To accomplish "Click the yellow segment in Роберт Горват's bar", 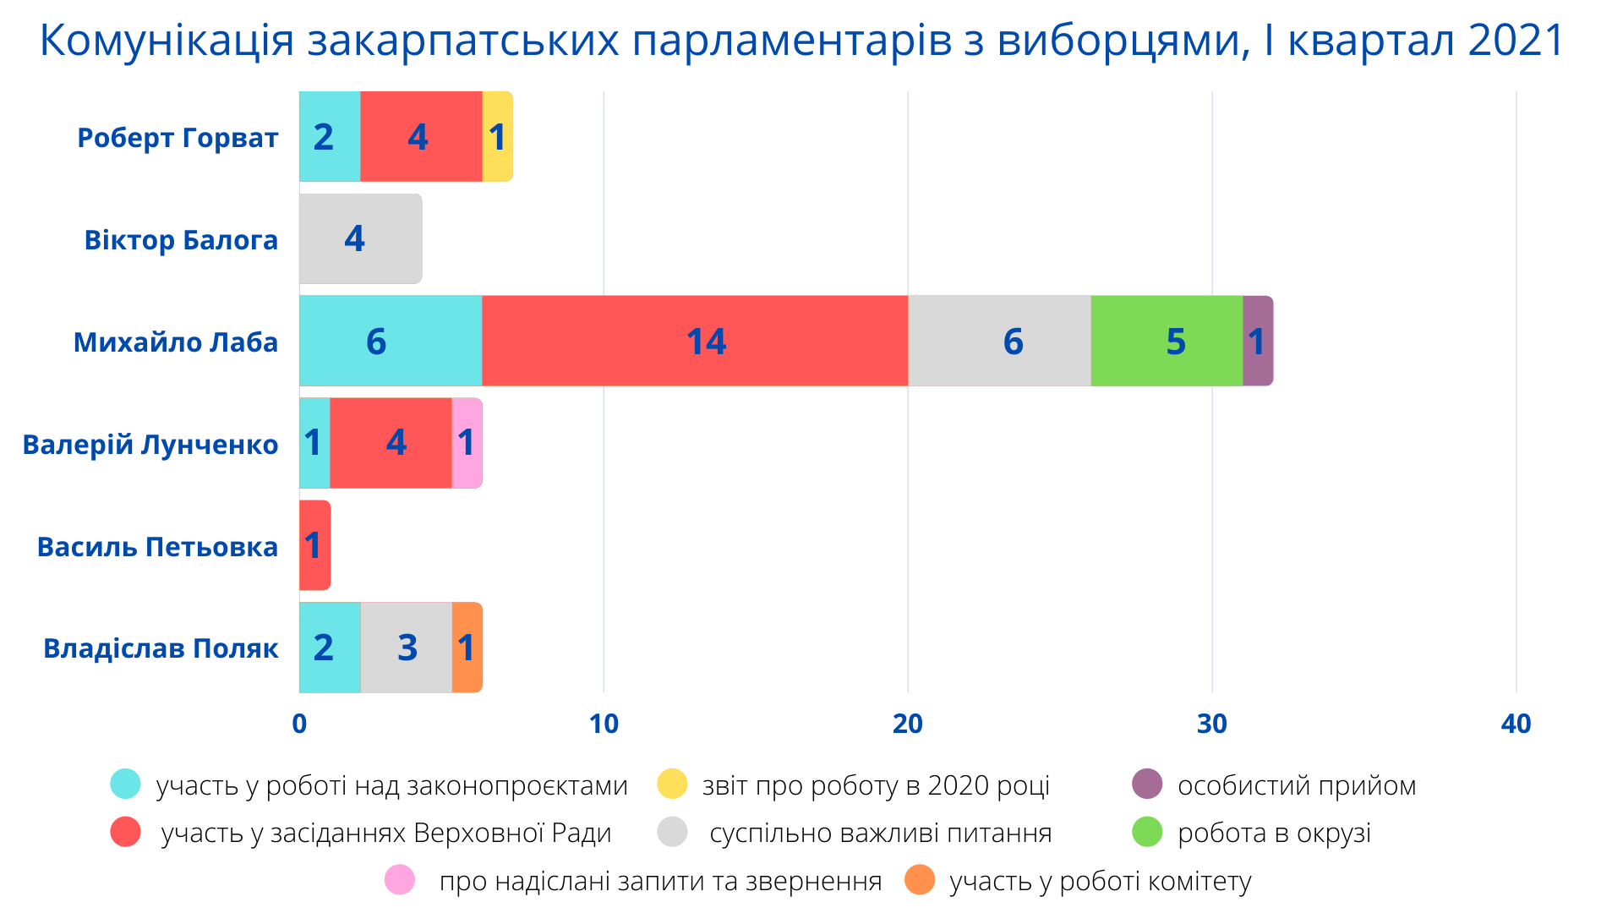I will pyautogui.click(x=497, y=136).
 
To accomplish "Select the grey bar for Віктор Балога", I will pyautogui.click(x=361, y=238).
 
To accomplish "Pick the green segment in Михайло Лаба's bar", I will pyautogui.click(x=1167, y=341).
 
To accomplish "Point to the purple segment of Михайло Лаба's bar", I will pyautogui.click(x=1258, y=341).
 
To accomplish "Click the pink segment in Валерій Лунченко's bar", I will pyautogui.click(x=467, y=443).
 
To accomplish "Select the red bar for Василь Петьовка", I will pyautogui.click(x=314, y=545).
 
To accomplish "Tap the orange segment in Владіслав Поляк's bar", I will pyautogui.click(x=467, y=648).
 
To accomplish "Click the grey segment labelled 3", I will pyautogui.click(x=407, y=648).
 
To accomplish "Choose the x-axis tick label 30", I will pyautogui.click(x=1212, y=724).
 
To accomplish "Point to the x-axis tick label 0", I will pyautogui.click(x=299, y=724).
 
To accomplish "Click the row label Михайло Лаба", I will pyautogui.click(x=176, y=342).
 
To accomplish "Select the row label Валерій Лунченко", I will pyautogui.click(x=150, y=445).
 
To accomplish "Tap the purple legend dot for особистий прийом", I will pyautogui.click(x=1147, y=785).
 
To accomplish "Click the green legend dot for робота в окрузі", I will pyautogui.click(x=1147, y=832).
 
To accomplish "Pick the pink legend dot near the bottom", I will pyautogui.click(x=400, y=880).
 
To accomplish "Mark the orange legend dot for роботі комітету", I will pyautogui.click(x=920, y=880).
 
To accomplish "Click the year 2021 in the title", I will pyautogui.click(x=1516, y=41).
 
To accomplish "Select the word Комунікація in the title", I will pyautogui.click(x=167, y=41).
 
